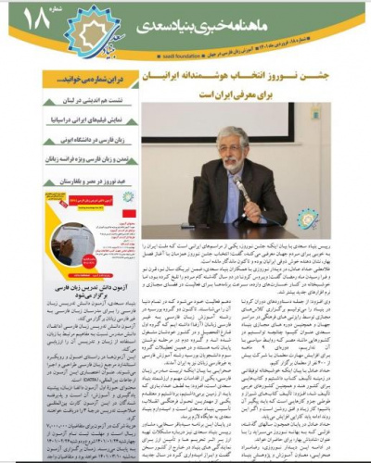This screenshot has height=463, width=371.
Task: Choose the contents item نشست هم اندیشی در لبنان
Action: pyautogui.click(x=93, y=102)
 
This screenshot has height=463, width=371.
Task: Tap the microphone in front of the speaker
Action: pyautogui.click(x=238, y=185)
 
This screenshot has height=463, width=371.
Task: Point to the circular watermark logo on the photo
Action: pyautogui.click(x=307, y=220)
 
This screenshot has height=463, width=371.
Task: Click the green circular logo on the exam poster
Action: pyautogui.click(x=127, y=197)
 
